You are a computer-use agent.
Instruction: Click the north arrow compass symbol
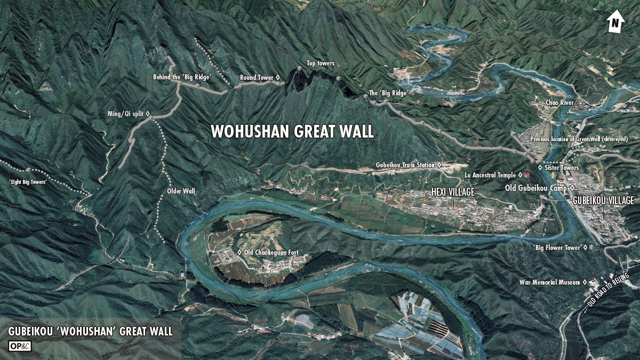coord(615,22)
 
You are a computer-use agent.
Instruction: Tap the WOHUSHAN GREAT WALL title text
coord(292,132)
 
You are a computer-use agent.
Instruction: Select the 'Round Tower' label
coord(257,78)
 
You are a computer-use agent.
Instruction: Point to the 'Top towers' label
coord(321,63)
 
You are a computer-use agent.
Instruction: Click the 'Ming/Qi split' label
coord(125,114)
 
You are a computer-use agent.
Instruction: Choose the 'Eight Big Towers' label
coord(28,182)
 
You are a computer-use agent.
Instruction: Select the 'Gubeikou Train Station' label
coord(405,165)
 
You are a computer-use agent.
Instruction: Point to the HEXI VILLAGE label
coord(452,192)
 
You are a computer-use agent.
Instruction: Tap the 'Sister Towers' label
coord(562,167)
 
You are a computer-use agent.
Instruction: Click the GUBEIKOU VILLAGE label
coord(603,201)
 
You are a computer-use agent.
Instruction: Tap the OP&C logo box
coord(20,346)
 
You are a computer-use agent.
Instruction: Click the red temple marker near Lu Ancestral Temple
coord(527,174)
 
